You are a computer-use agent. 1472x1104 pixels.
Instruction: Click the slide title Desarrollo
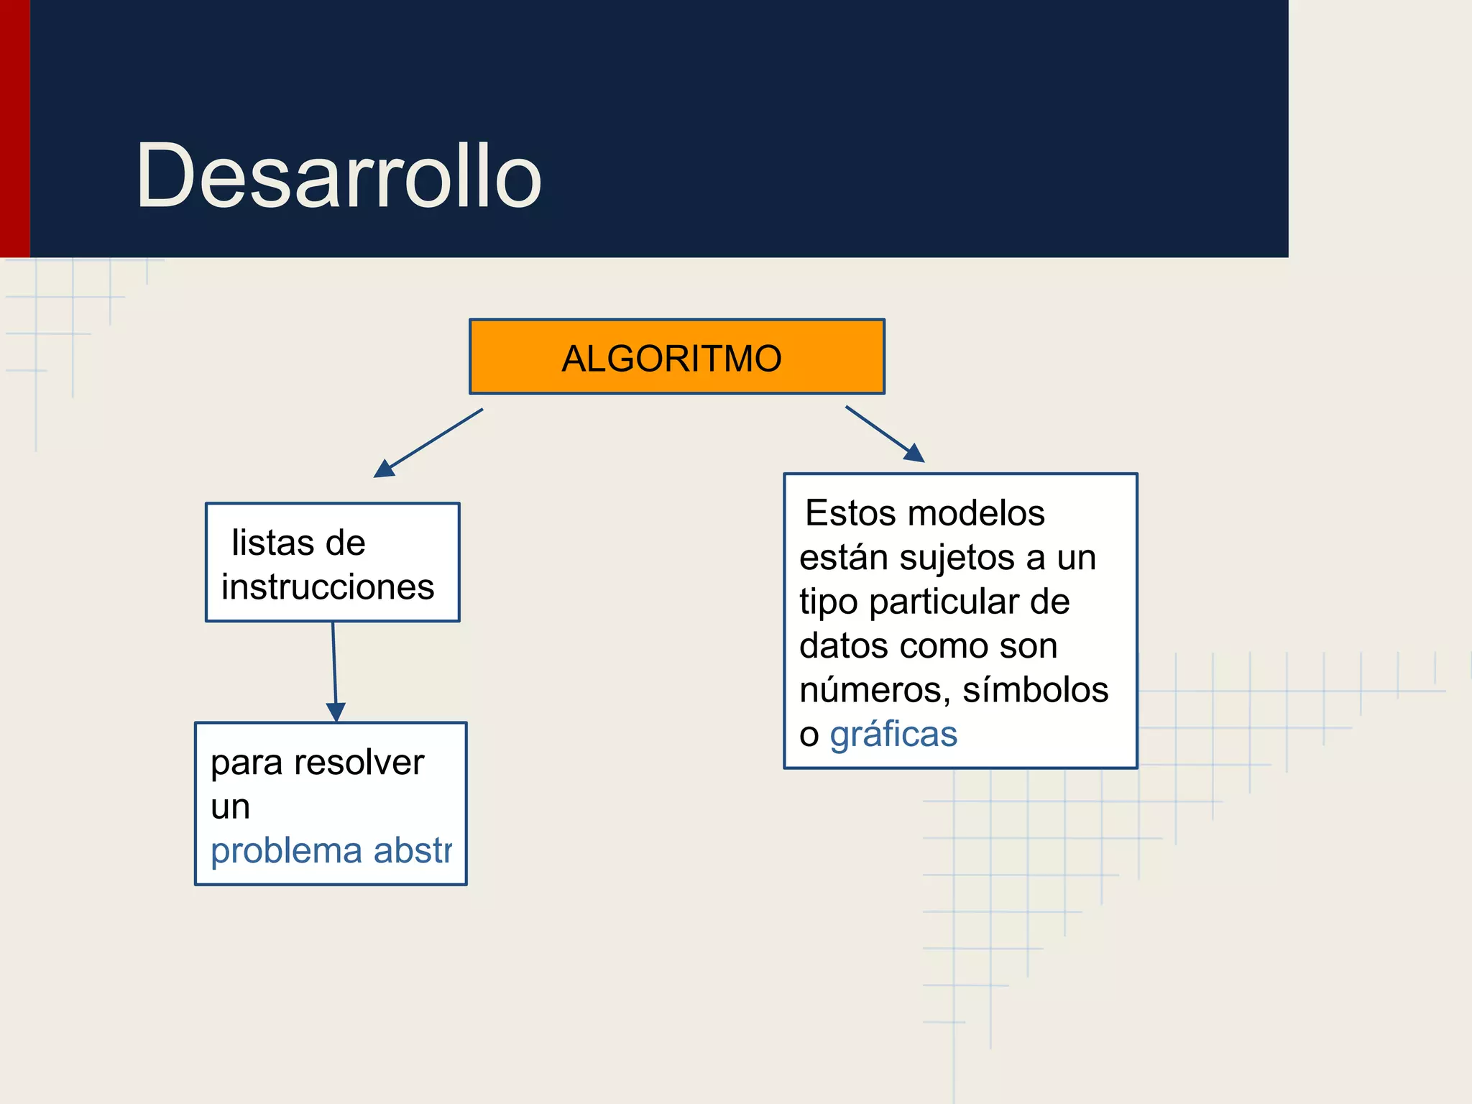point(338,176)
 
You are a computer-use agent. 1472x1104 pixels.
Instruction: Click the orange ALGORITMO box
point(676,357)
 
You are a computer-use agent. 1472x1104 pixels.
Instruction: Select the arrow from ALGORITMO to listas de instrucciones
point(429,443)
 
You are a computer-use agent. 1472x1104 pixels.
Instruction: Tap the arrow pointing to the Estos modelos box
point(884,433)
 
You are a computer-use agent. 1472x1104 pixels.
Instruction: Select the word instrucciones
point(328,586)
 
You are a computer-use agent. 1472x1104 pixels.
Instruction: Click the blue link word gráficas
point(893,735)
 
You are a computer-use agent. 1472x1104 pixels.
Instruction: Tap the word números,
point(875,690)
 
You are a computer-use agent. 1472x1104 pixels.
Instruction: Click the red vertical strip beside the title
point(14,129)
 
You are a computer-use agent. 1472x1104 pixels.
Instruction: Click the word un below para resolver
point(230,807)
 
